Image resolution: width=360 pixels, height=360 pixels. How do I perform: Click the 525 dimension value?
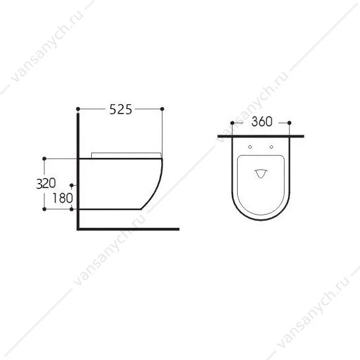(121, 109)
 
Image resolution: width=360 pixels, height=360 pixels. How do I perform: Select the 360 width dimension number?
(262, 122)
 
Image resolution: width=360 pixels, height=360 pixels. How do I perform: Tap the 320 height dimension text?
(46, 183)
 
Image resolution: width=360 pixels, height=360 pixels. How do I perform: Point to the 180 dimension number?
(63, 198)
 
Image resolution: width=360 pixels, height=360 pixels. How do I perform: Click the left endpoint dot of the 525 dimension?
(78, 109)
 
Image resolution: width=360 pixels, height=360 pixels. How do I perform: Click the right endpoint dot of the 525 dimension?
(162, 109)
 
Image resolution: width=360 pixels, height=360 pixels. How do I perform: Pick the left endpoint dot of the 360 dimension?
(232, 123)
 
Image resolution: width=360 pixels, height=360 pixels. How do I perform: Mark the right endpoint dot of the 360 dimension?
(289, 123)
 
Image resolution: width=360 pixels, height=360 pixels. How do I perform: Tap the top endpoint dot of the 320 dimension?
(44, 159)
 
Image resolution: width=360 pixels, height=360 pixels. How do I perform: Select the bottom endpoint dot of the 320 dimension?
(44, 209)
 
